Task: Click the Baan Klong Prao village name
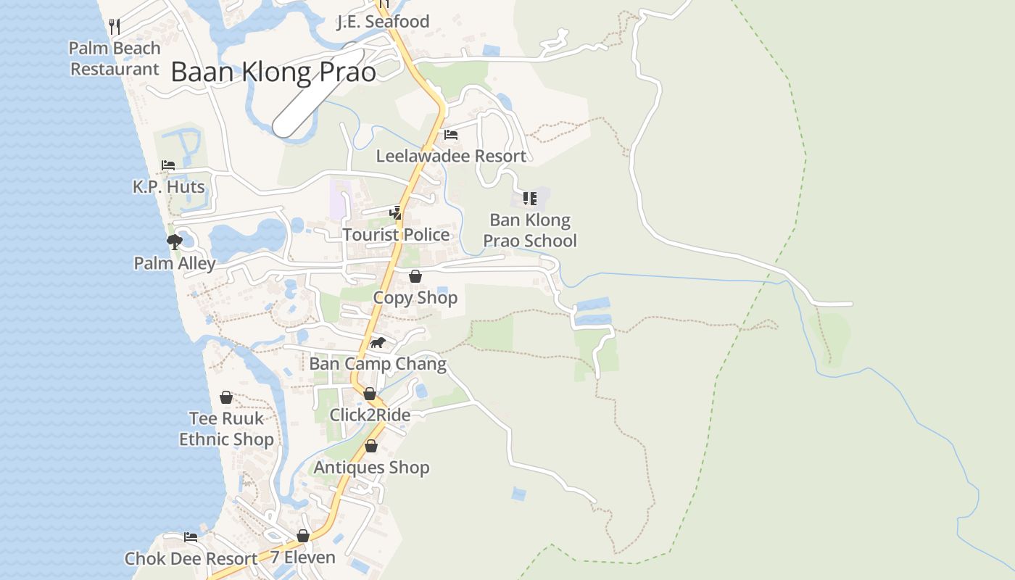point(273,72)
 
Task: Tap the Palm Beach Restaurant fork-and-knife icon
point(114,27)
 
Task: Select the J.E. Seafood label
point(384,22)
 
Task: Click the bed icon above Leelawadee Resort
point(451,135)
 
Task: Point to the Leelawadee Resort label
point(451,156)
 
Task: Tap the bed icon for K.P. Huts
point(168,165)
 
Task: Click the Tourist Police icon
point(395,212)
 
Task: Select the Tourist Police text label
point(396,235)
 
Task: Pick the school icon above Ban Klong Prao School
point(530,198)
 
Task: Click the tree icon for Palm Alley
point(174,241)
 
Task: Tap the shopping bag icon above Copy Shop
point(415,276)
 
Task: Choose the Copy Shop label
point(415,298)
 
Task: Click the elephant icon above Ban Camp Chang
point(378,342)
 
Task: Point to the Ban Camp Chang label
point(378,363)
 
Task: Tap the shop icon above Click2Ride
point(370,394)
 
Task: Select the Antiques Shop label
point(371,468)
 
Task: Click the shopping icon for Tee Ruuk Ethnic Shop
point(226,397)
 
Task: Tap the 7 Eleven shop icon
point(303,536)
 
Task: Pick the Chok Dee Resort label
point(191,559)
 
